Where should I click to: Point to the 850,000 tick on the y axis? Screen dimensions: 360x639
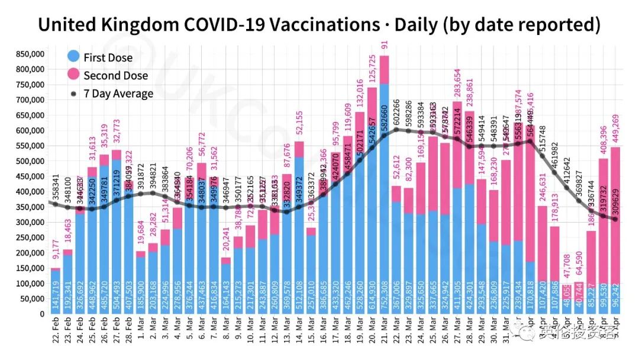pos(29,53)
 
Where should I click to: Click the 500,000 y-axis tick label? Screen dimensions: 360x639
pos(29,160)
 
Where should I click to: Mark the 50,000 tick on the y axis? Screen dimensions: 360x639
pos(31,298)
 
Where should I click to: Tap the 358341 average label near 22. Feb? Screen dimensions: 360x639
pos(56,178)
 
